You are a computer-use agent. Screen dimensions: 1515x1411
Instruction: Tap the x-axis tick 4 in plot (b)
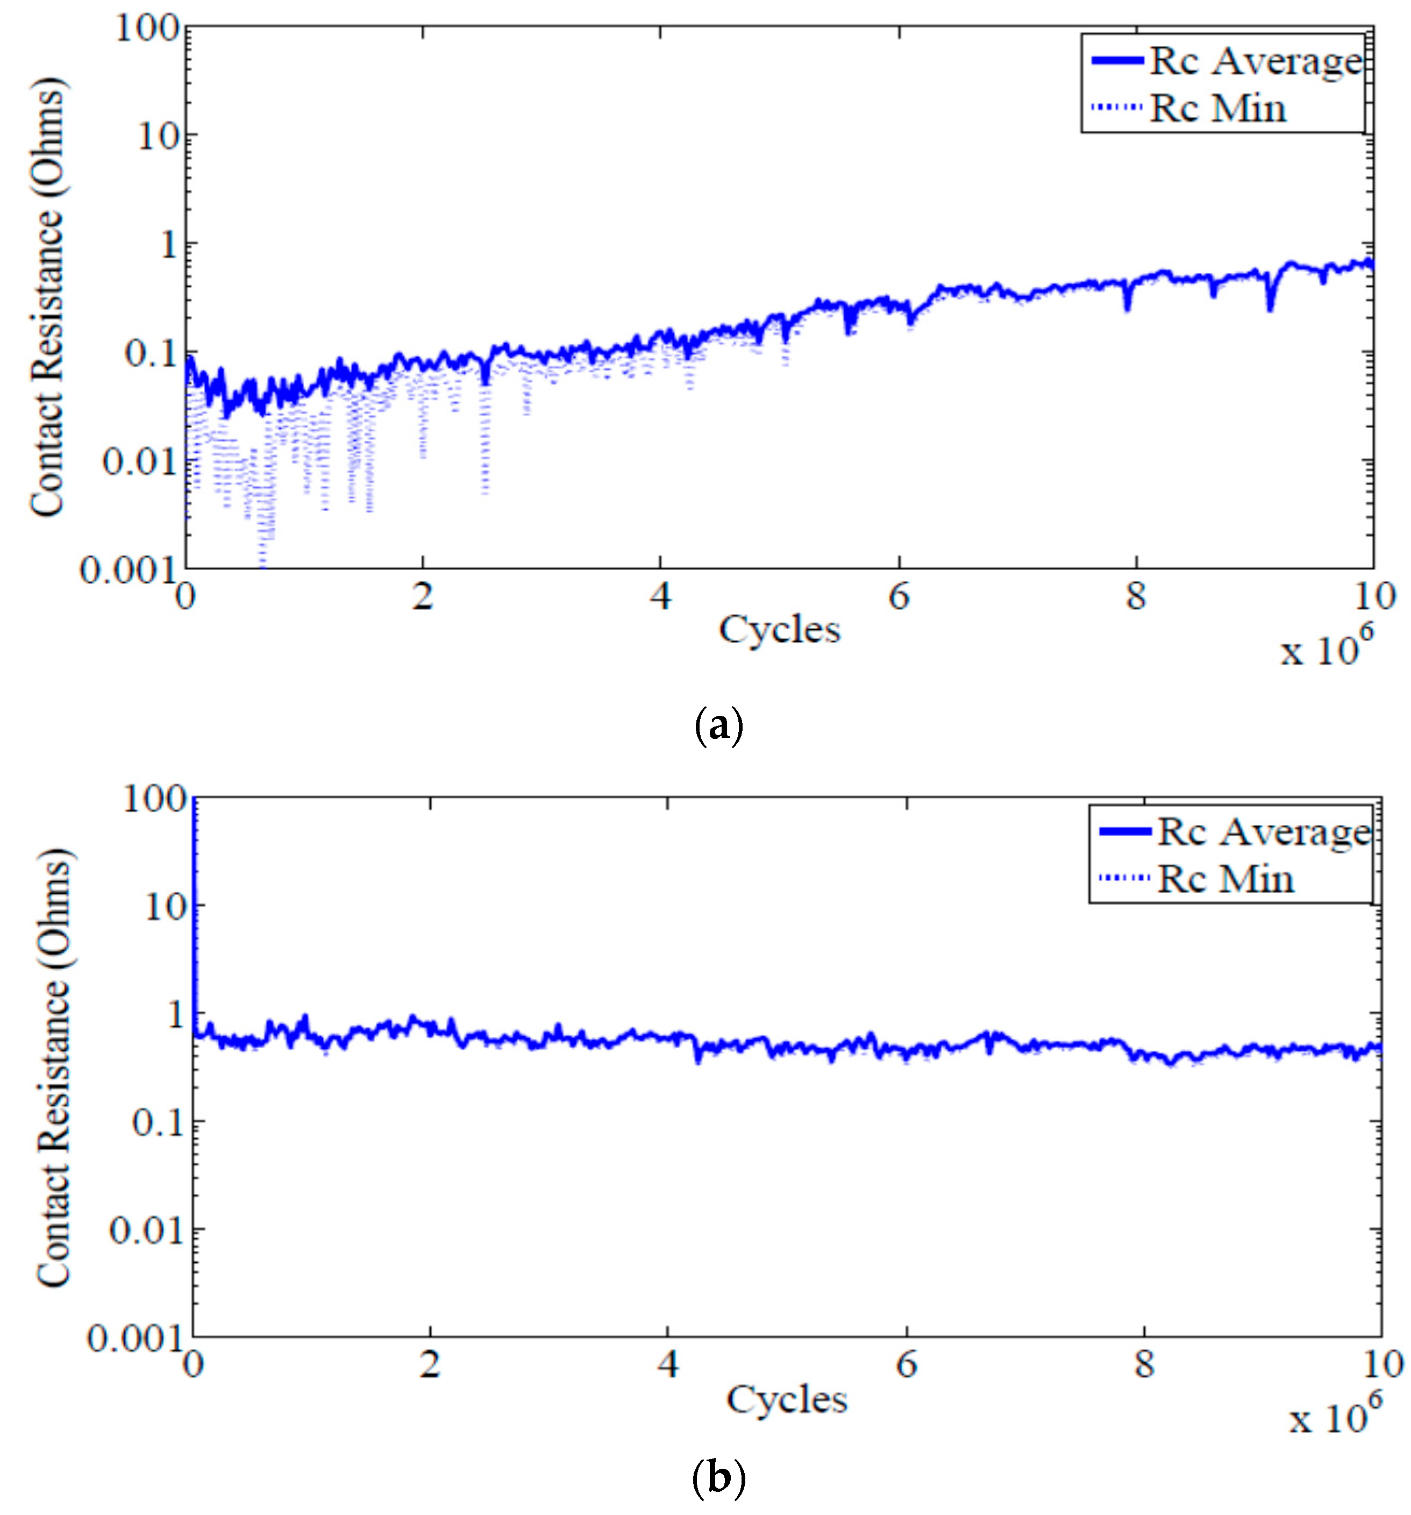(667, 1365)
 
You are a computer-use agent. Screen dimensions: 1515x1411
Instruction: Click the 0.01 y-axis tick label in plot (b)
(146, 1230)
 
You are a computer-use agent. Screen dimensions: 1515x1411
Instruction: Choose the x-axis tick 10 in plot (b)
(1380, 1365)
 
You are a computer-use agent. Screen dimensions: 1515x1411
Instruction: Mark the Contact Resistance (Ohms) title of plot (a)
(47, 297)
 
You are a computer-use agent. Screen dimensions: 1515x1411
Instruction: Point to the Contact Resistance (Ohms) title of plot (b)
(53, 1067)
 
